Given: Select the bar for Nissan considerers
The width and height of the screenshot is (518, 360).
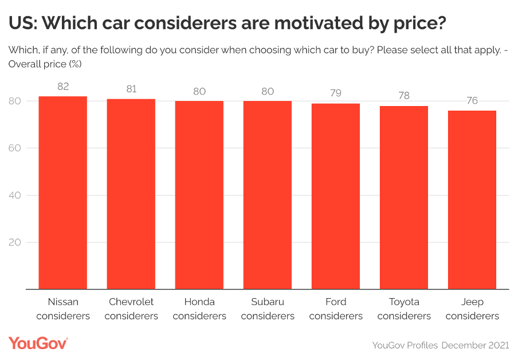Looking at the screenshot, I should (63, 193).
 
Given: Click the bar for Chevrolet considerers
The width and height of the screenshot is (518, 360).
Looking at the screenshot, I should (131, 194).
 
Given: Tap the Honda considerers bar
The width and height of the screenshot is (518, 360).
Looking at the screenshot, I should (199, 195).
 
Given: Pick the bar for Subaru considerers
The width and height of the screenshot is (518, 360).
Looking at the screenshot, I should (268, 195).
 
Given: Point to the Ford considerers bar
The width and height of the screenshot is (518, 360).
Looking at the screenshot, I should (336, 196).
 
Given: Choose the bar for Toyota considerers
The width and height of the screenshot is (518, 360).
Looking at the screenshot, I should (404, 197).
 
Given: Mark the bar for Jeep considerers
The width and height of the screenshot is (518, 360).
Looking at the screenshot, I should (472, 199).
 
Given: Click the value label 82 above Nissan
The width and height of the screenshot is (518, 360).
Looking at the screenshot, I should (63, 87).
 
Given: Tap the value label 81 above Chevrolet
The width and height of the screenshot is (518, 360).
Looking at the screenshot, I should (131, 89).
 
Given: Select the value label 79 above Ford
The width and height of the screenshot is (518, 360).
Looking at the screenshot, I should (336, 93).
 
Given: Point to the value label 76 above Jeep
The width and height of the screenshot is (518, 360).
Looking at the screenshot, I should (472, 100).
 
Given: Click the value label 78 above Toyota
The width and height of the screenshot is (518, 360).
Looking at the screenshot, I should (404, 96).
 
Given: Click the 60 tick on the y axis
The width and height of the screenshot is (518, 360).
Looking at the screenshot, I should (15, 148).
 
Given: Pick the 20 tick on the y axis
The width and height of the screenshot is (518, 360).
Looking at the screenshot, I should (15, 242).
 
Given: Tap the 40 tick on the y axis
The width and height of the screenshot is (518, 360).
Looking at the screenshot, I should (15, 195).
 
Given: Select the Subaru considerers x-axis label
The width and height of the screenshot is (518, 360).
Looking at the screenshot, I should (268, 309).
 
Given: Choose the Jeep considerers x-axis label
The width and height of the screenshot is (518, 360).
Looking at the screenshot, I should (472, 309).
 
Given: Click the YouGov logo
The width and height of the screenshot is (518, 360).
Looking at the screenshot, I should (38, 343).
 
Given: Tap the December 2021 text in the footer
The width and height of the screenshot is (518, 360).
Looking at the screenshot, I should (475, 345).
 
